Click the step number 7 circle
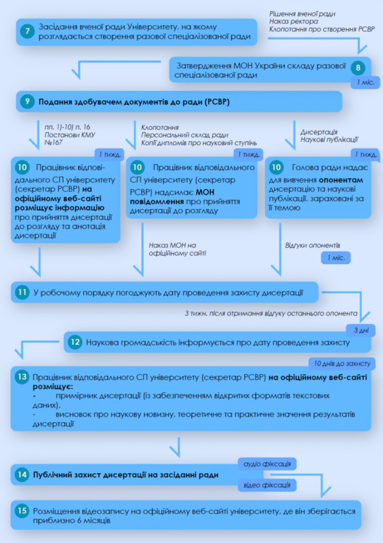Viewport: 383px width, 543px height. pos(27,31)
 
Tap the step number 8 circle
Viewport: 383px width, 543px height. pos(358,67)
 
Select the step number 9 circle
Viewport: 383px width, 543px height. pos(27,102)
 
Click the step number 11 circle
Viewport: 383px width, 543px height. pos(22,293)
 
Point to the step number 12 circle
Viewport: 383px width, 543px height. pos(75,342)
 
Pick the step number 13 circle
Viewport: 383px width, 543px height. pos(22,377)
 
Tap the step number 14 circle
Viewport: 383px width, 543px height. pos(22,474)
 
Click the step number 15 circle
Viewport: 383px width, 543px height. pos(22,511)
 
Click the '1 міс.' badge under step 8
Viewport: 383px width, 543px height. pos(365,83)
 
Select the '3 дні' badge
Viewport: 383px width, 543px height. pos(361,331)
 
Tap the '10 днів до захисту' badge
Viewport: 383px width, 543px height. pos(342,364)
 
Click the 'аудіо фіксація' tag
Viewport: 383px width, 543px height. pos(267,464)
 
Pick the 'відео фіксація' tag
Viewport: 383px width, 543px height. pos(267,485)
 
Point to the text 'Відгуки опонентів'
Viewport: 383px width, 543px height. pos(313,245)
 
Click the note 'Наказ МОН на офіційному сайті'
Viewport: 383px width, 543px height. pos(178,249)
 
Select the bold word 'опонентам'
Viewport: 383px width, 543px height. pos(341,180)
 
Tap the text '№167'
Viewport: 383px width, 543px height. pos(54,142)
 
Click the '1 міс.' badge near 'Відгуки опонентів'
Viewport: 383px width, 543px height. pos(336,258)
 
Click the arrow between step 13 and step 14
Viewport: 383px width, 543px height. pos(179,447)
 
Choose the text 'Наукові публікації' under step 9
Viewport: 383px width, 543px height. pos(329,140)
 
